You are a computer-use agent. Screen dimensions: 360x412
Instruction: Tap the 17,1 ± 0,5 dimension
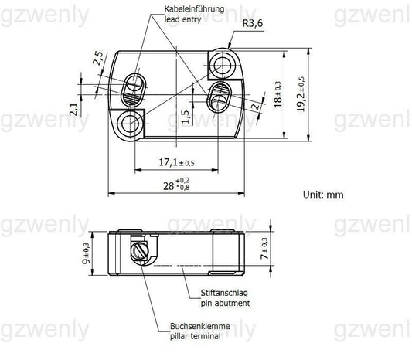pyautogui.click(x=176, y=162)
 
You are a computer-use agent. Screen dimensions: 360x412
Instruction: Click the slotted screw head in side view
pyautogui.click(x=140, y=251)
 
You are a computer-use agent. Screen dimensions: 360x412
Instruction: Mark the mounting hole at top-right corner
pyautogui.click(x=224, y=60)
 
